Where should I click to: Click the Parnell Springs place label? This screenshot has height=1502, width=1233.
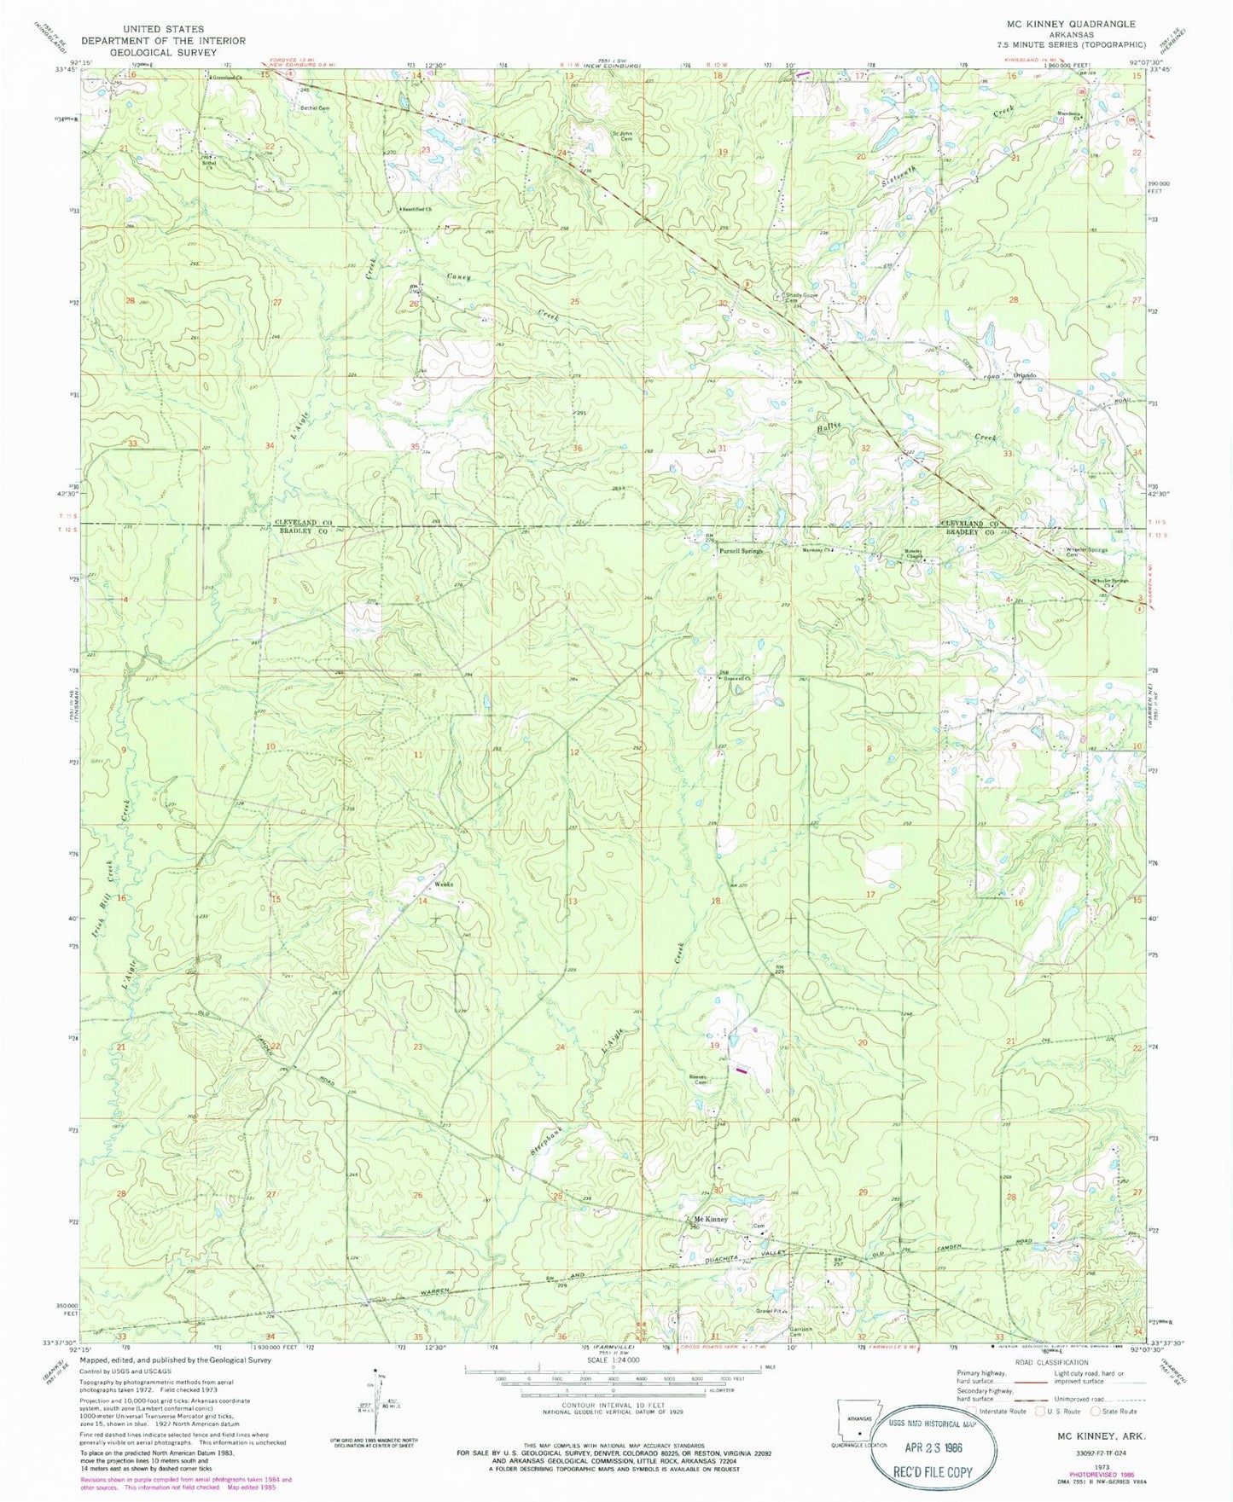click(x=739, y=551)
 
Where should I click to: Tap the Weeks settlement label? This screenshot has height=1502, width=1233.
click(x=443, y=884)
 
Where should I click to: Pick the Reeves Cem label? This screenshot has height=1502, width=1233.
click(x=699, y=1079)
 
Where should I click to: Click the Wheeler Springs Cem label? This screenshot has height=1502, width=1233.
click(x=1086, y=552)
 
